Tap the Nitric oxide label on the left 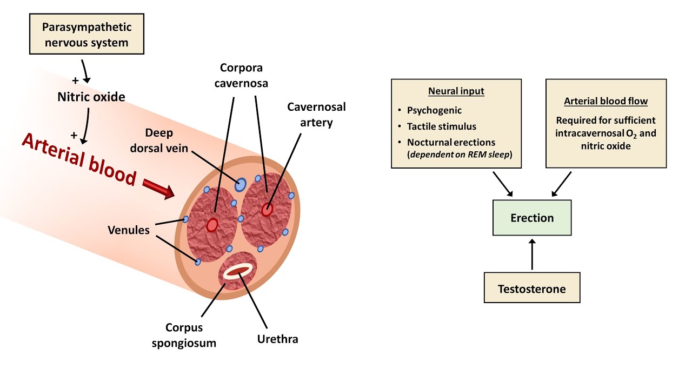coord(91,97)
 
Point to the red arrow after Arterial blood coord(158,190)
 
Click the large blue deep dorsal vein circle coord(240,185)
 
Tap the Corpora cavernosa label coord(244,76)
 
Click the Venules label coord(129,230)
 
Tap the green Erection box coord(532,218)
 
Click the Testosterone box coord(531,289)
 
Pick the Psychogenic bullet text coord(434,110)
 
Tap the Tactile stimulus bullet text coord(441,126)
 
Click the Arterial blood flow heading coord(605,101)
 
